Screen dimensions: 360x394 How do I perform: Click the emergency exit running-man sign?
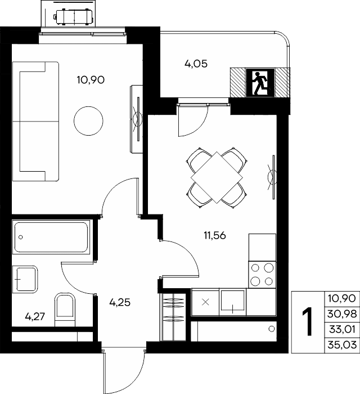[260, 83]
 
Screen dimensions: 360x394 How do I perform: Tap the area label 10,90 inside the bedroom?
[91, 80]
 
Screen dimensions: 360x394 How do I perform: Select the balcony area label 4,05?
[196, 64]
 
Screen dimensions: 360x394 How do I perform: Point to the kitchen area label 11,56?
[215, 236]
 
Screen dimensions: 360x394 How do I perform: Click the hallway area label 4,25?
[120, 302]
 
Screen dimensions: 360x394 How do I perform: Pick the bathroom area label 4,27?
[35, 316]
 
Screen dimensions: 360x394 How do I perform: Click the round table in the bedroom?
[88, 121]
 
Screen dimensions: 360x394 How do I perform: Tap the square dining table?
[217, 177]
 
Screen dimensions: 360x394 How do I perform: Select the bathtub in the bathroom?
[51, 237]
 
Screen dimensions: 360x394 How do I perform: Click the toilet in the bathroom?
[65, 310]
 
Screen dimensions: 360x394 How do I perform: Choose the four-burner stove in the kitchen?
[262, 275]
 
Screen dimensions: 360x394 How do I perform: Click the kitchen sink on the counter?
[232, 301]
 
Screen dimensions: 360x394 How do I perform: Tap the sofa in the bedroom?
[35, 121]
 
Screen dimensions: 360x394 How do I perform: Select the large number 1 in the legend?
[308, 321]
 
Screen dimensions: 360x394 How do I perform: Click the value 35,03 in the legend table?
[342, 344]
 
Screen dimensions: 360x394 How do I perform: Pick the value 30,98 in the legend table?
[342, 314]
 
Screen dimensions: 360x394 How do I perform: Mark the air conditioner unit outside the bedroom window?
[74, 17]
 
